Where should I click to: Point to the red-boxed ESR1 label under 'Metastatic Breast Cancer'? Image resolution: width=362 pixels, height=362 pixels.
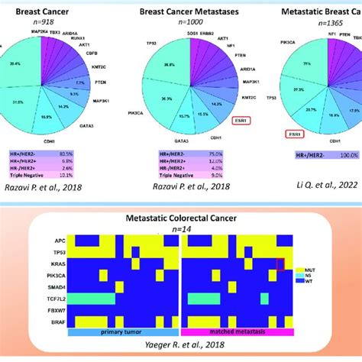pos(292,134)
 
